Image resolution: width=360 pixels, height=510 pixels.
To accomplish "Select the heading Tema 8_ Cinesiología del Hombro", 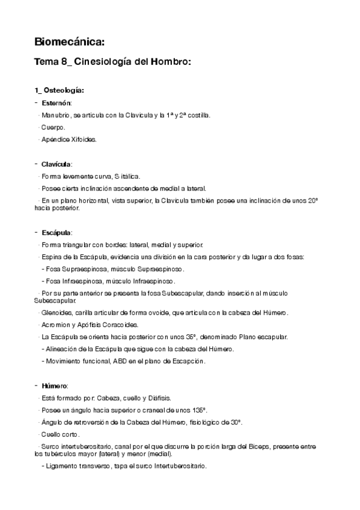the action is pos(113,63).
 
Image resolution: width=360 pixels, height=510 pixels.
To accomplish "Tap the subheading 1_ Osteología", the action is pos(59,91).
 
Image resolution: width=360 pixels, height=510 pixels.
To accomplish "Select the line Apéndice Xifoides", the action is pos(69,140).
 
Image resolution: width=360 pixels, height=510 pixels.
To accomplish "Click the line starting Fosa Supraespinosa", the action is pos(114,269).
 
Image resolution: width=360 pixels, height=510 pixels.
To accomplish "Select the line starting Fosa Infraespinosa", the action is pos(109,281).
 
